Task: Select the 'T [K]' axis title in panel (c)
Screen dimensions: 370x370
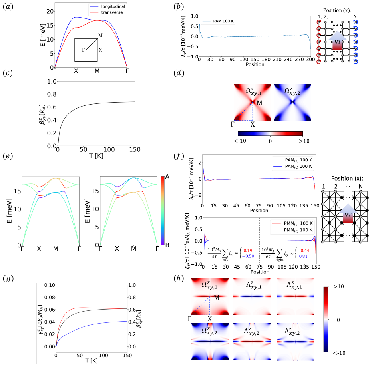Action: pos(96,156)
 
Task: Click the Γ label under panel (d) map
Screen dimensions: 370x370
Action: pos(233,124)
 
